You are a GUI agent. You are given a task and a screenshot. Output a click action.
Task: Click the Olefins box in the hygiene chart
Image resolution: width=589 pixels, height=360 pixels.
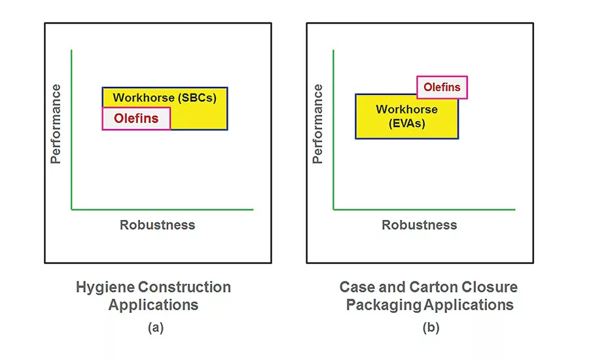[x=136, y=118]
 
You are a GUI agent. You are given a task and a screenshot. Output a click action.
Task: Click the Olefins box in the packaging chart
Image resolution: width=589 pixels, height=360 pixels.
[x=442, y=87]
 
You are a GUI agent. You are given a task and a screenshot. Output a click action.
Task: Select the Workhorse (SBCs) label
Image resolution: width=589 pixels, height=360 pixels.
[x=164, y=98]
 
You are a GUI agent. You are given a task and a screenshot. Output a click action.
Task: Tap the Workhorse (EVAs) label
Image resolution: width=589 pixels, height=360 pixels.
[x=406, y=116]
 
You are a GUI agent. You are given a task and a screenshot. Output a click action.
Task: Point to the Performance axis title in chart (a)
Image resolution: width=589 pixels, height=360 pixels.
[x=56, y=124]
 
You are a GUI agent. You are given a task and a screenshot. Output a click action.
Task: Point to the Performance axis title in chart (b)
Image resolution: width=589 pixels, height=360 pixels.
[x=318, y=124]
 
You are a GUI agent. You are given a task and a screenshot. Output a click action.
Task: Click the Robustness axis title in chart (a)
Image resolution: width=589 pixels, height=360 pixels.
[x=157, y=225]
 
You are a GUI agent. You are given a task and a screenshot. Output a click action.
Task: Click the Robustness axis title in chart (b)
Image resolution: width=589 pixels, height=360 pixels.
[x=419, y=225]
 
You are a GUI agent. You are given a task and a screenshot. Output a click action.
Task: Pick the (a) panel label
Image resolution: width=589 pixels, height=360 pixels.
[x=155, y=328]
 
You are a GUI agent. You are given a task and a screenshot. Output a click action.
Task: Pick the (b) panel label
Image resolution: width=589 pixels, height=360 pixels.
[x=431, y=328]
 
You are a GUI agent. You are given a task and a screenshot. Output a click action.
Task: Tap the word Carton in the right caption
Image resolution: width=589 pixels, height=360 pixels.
[x=433, y=287]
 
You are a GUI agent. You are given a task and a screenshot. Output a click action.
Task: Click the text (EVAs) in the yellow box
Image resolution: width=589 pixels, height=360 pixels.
[x=406, y=123]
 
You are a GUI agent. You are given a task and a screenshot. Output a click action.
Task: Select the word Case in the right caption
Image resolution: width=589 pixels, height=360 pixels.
[x=357, y=287]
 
